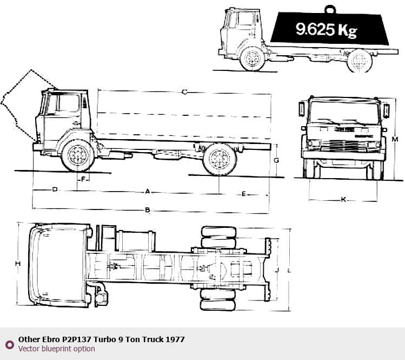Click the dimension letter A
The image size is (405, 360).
click(x=148, y=192)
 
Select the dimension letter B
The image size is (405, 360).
click(x=148, y=210)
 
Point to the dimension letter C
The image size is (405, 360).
click(x=184, y=92)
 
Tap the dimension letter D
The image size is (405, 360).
click(x=55, y=189)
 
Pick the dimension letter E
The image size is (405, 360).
click(x=243, y=194)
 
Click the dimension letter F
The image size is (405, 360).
click(x=83, y=179)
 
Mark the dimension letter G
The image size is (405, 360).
click(x=276, y=160)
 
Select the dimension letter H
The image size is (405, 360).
click(x=17, y=264)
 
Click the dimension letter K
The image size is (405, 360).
click(x=343, y=199)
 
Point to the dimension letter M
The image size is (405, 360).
click(x=395, y=139)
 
